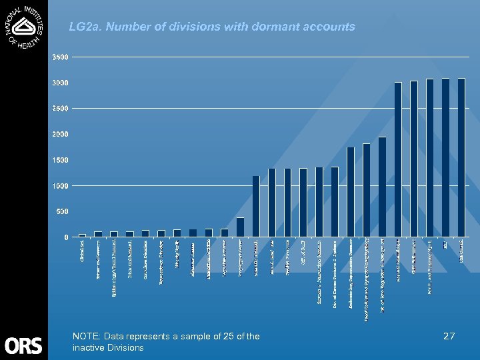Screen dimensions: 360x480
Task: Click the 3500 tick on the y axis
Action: pos(60,57)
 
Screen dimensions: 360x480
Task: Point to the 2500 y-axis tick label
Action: pos(60,108)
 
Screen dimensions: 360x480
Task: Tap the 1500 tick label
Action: pos(60,160)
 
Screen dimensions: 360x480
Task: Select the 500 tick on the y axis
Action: pos(62,211)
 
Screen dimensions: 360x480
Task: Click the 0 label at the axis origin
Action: pos(65,237)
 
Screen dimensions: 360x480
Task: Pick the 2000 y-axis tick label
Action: pos(60,134)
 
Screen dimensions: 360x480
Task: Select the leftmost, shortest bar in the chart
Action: pos(83,235)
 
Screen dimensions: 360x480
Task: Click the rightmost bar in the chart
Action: pos(461,157)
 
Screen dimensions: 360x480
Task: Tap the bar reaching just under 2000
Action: pos(382,187)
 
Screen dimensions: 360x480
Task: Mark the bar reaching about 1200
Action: pos(256,206)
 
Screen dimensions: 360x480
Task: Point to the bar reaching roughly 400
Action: pos(240,227)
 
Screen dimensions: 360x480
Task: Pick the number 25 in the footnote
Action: pos(227,337)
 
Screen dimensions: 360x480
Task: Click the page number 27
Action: pos(449,337)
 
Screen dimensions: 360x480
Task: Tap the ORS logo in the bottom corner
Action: pos(23,345)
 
